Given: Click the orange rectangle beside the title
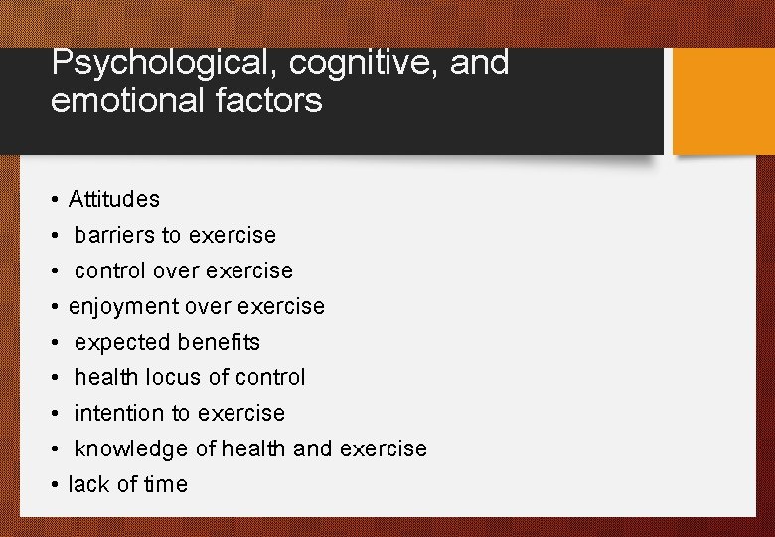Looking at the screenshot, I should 723,100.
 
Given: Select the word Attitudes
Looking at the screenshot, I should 114,199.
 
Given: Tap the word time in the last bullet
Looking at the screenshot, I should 166,484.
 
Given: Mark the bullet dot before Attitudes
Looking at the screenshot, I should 54,199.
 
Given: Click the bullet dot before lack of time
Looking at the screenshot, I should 54,484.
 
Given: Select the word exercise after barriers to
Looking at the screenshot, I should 232,235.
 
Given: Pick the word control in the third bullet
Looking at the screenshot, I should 105,270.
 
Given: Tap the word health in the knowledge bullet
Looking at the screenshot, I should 254,448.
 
